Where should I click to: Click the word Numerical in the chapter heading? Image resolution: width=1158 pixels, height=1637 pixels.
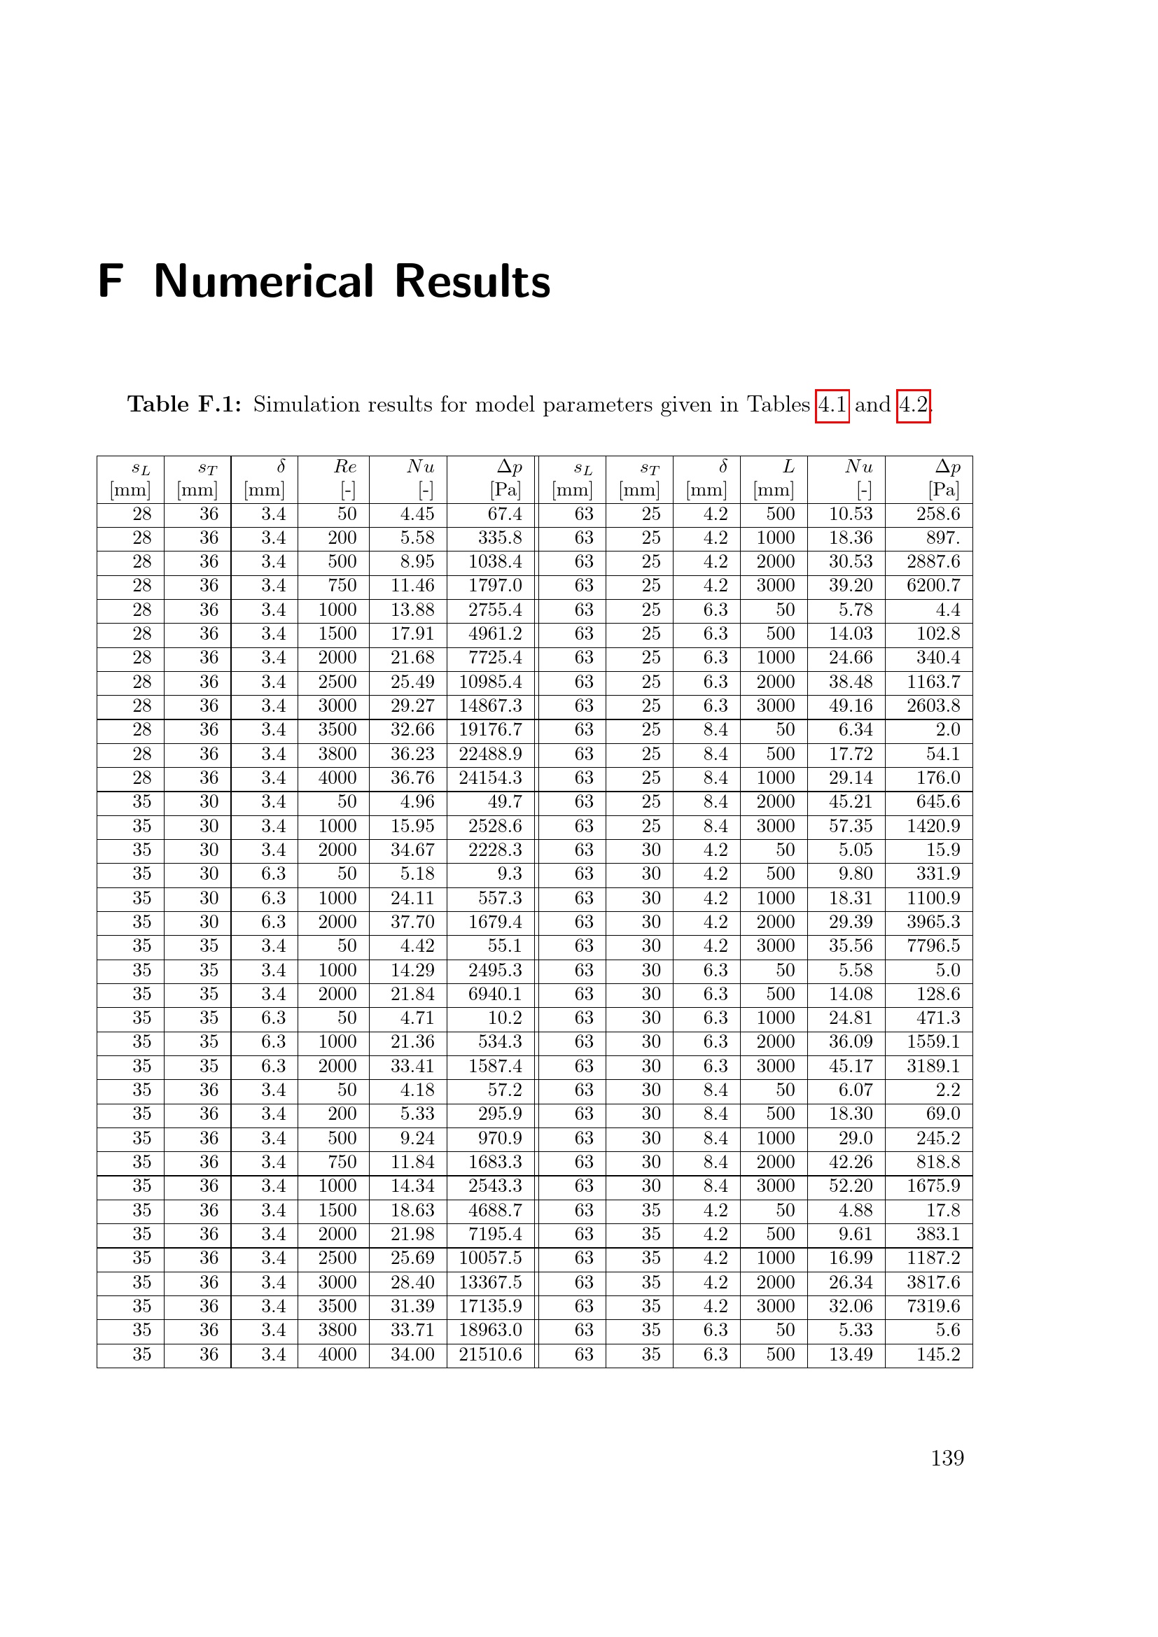point(263,281)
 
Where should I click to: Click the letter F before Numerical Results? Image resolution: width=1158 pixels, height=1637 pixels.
point(111,281)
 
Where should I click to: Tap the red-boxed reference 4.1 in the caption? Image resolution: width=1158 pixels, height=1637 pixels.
point(832,405)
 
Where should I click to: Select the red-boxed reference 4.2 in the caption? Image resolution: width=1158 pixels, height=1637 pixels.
point(913,405)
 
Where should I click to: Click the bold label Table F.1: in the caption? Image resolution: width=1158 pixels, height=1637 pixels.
point(184,405)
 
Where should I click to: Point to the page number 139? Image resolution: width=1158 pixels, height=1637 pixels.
point(947,1458)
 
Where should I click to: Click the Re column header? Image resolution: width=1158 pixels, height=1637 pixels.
point(344,467)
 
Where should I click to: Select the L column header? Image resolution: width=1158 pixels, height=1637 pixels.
point(788,467)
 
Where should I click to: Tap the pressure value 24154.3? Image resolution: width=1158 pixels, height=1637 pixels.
point(490,778)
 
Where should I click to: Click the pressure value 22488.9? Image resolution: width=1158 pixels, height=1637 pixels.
point(490,754)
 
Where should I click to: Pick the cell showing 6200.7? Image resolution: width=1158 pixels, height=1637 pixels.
point(933,585)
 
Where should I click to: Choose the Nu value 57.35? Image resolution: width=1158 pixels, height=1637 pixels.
point(851,826)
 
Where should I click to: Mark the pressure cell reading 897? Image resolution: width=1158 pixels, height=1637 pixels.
point(942,538)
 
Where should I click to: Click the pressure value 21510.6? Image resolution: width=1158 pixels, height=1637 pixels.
point(490,1354)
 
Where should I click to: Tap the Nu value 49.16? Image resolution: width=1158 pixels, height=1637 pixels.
point(851,706)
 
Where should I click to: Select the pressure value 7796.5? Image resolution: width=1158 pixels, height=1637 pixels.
point(933,946)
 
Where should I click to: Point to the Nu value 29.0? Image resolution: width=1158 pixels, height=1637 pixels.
point(856,1138)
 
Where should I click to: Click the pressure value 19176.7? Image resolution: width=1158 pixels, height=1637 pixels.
point(490,729)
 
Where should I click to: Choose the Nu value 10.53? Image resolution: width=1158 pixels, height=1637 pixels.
point(851,514)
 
